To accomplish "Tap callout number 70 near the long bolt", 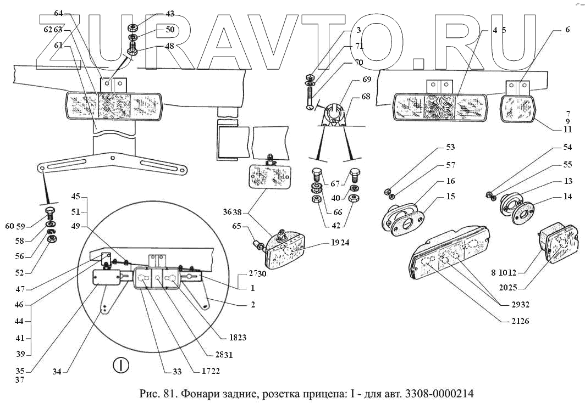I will [358, 63].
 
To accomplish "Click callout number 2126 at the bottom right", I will [519, 321].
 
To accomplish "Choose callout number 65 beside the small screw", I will [236, 225].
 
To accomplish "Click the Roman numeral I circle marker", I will [120, 365].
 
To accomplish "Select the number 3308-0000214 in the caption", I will [438, 394].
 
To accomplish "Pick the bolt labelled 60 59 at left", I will [48, 213].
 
